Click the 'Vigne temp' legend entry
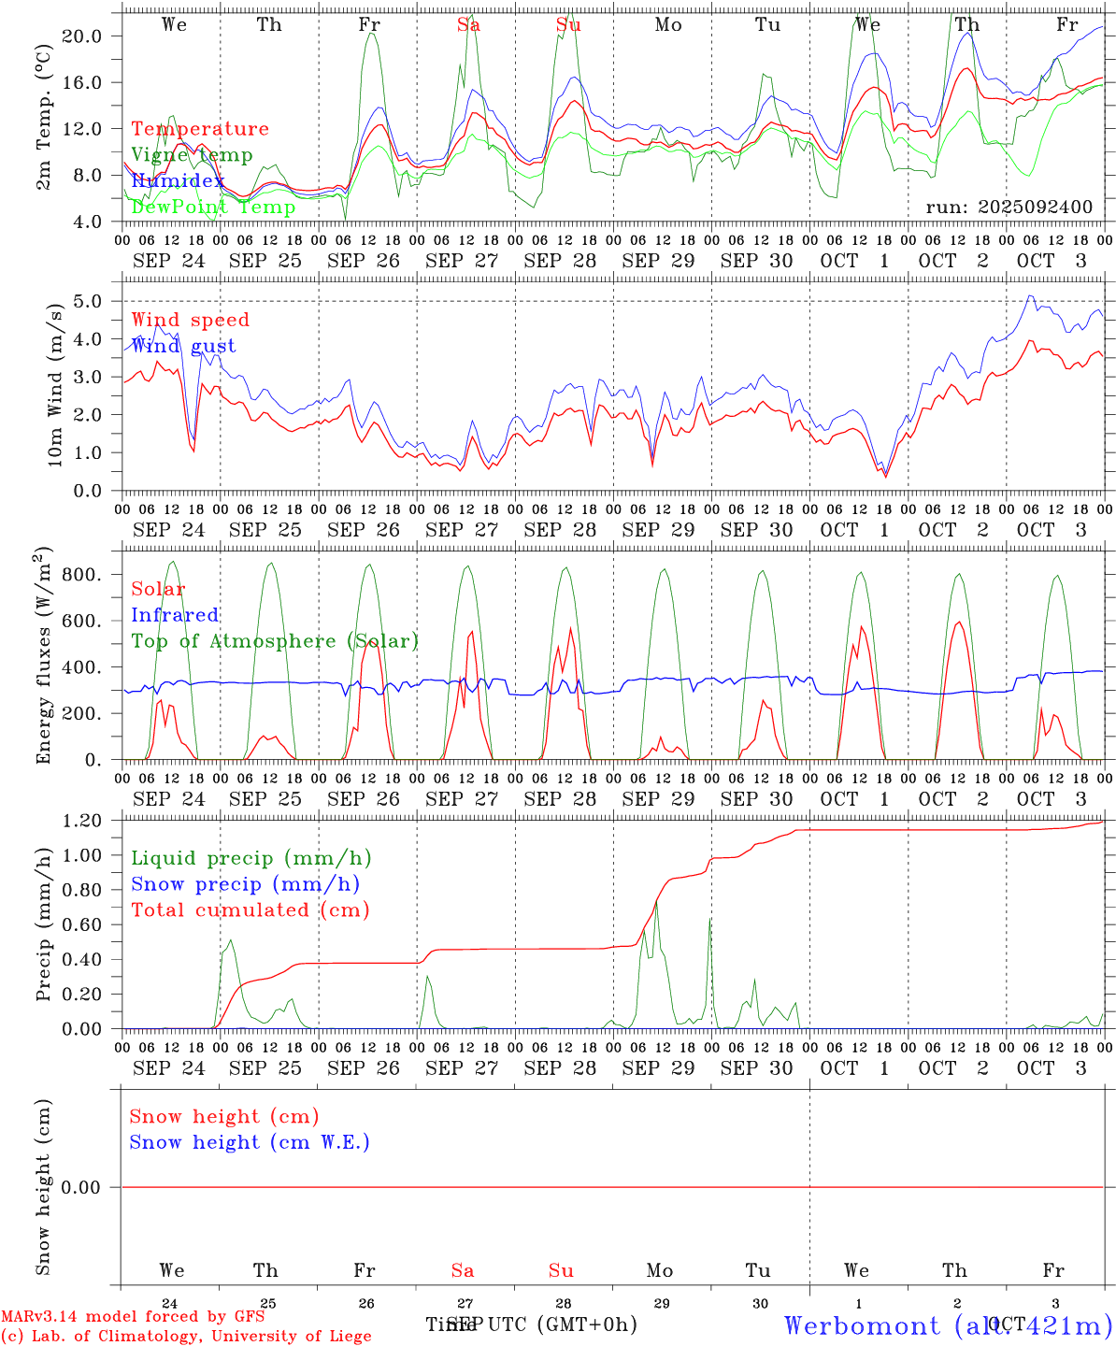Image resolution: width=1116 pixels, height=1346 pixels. click(x=192, y=155)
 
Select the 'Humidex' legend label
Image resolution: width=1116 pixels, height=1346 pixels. click(x=178, y=180)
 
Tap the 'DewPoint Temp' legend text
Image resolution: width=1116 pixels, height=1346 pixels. click(x=213, y=207)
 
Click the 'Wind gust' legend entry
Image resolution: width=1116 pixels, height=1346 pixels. click(x=183, y=346)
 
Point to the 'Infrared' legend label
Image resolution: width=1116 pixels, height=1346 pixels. click(x=175, y=615)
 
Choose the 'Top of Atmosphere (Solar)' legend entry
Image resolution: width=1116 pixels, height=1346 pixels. click(x=275, y=641)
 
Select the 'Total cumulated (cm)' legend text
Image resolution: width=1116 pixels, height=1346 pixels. click(x=250, y=910)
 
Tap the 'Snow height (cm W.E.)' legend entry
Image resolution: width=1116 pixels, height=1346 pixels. click(x=250, y=1142)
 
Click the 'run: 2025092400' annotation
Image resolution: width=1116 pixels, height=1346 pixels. click(x=1009, y=208)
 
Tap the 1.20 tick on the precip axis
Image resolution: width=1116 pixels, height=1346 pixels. click(x=81, y=821)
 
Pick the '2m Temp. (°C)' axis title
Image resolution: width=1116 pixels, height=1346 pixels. click(x=44, y=117)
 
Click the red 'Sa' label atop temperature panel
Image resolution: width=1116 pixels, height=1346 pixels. click(x=469, y=25)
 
